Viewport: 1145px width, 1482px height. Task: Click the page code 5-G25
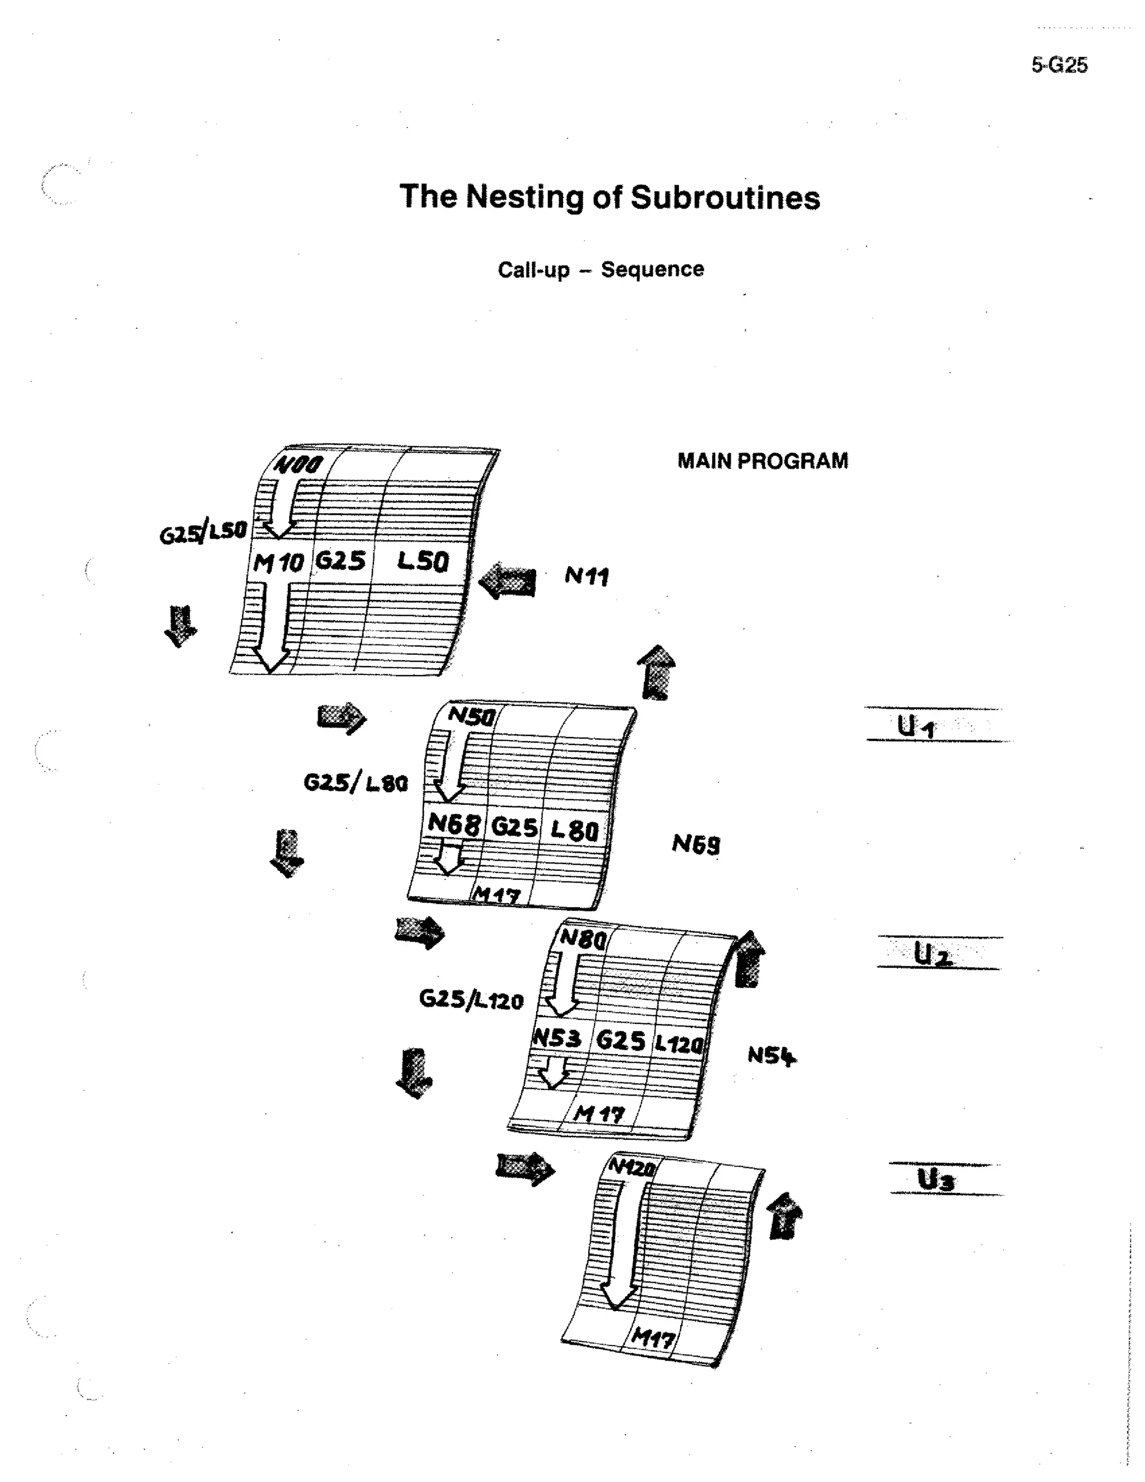[x=1059, y=65]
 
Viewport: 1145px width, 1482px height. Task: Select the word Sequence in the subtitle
[x=652, y=270]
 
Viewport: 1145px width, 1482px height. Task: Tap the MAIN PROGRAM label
[x=763, y=461]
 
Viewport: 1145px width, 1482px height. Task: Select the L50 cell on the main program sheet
[x=423, y=561]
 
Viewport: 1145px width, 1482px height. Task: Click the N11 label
[x=586, y=576]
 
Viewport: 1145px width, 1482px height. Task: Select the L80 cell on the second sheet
[x=574, y=830]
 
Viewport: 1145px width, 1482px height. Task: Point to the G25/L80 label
[x=356, y=783]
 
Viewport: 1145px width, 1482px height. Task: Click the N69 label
[x=696, y=844]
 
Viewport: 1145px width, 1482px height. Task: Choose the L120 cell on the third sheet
[x=678, y=1043]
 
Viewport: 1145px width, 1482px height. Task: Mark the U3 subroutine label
[x=936, y=1180]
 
